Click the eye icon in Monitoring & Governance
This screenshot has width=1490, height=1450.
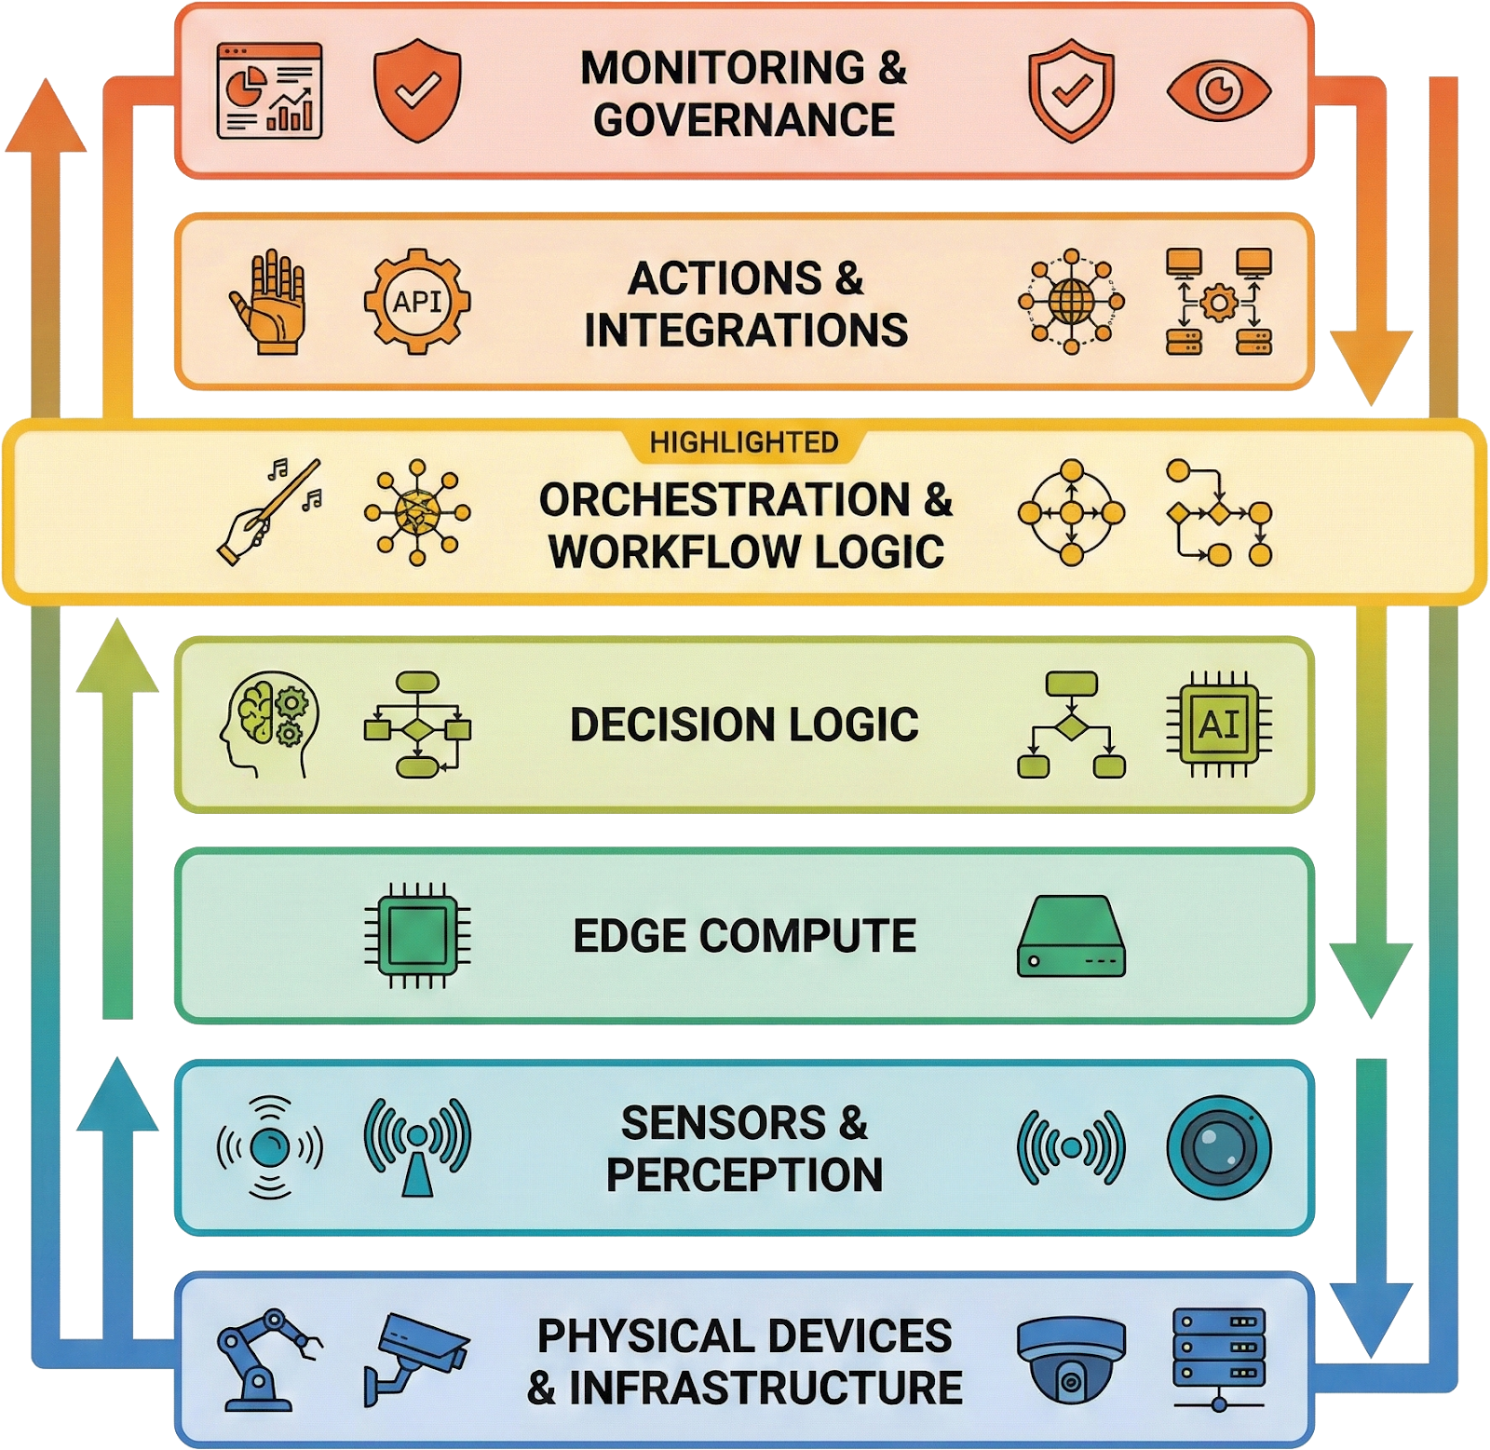[1218, 91]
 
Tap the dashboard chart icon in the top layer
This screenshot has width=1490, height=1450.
[269, 91]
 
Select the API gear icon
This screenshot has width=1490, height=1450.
[417, 302]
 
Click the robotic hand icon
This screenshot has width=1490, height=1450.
[268, 301]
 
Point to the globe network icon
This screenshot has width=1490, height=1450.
[1071, 301]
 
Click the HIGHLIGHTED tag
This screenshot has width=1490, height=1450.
[744, 442]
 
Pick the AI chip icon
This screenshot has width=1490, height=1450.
[1219, 724]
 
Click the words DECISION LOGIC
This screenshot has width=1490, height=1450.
[744, 725]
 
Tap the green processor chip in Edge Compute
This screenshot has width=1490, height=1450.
[417, 935]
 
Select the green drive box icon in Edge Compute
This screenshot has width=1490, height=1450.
[1071, 936]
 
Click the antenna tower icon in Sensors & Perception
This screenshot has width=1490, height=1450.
[417, 1146]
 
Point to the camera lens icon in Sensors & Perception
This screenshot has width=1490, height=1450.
[1219, 1146]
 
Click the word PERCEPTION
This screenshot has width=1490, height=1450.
[744, 1174]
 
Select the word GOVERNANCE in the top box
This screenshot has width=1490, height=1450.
[744, 120]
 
